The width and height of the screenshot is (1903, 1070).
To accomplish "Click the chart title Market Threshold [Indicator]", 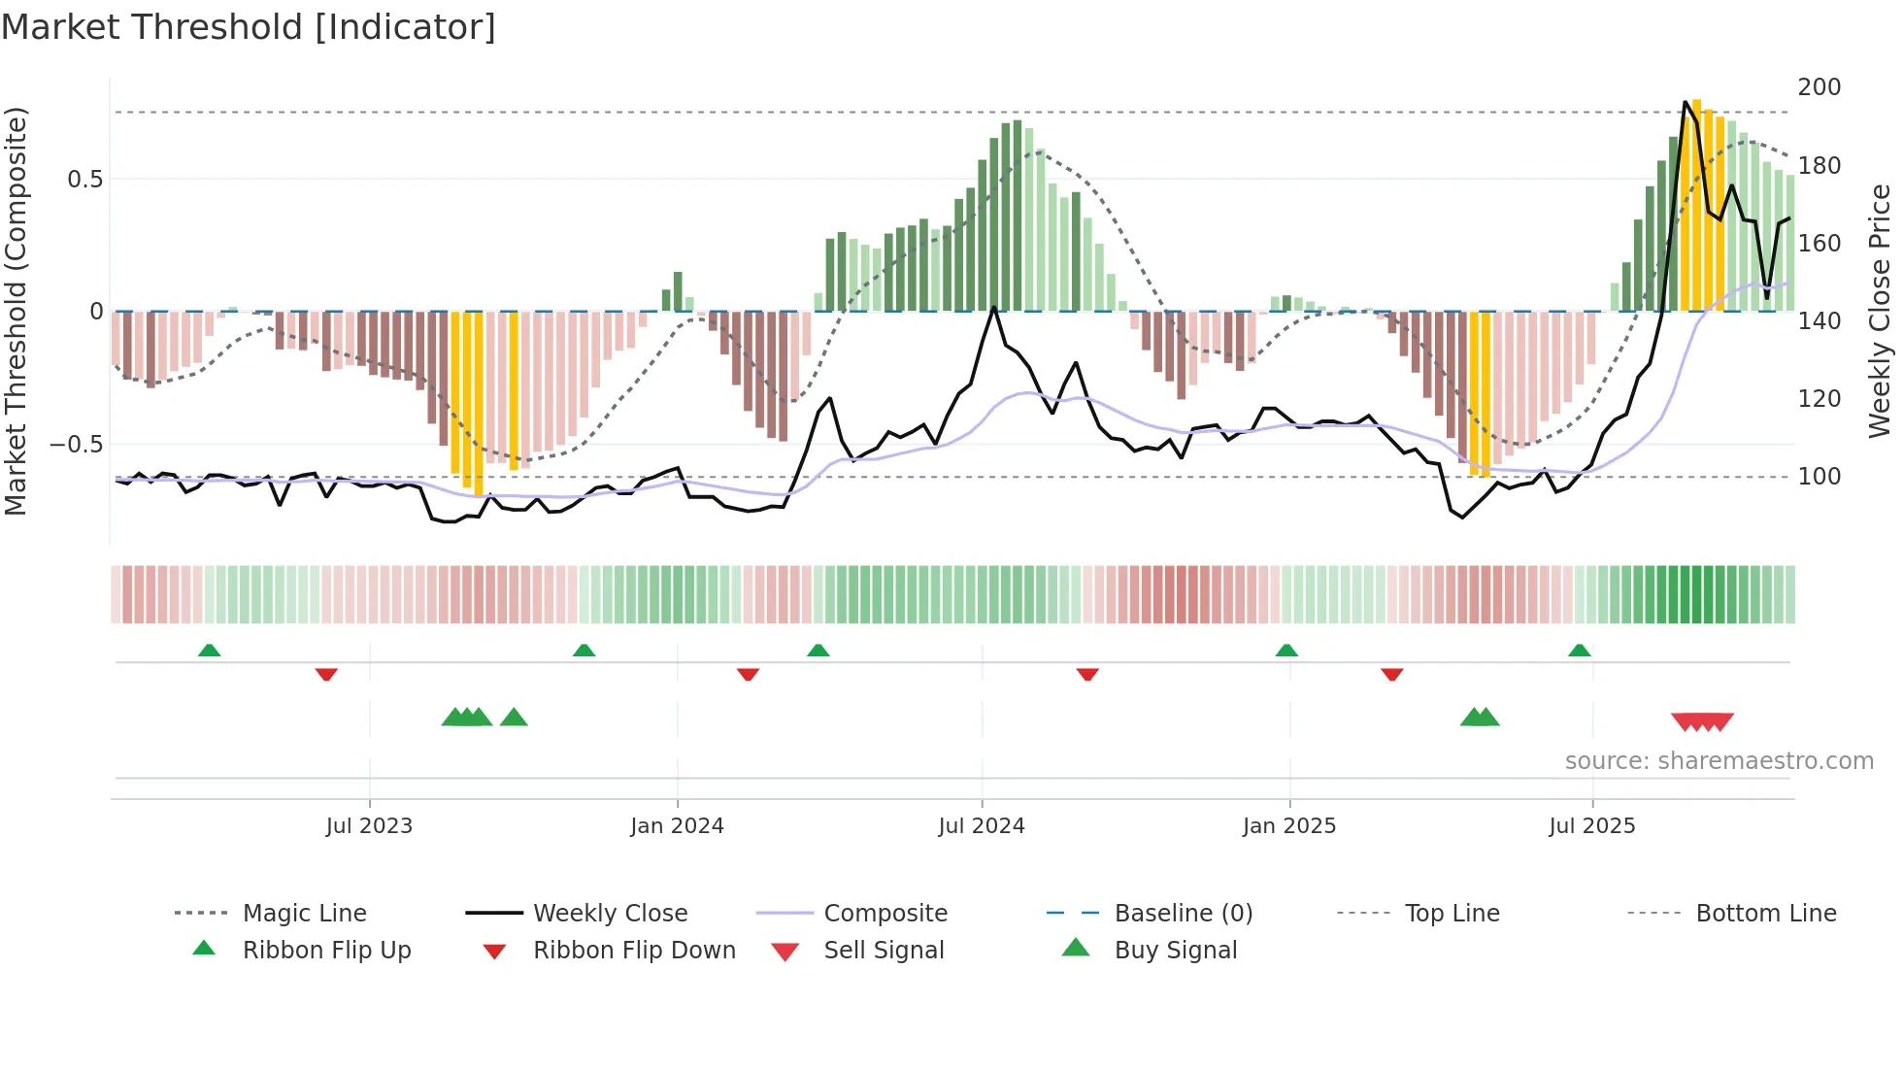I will point(249,27).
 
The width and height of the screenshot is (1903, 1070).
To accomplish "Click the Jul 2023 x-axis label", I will point(369,826).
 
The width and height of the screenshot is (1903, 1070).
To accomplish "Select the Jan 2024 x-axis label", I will point(677,826).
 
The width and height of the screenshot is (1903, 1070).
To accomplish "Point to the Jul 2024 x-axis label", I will point(982,826).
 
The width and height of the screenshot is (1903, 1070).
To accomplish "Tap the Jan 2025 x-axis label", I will point(1289,826).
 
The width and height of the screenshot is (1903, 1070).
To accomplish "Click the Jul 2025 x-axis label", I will point(1592,826).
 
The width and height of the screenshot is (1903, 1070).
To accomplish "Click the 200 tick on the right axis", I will point(1819,87).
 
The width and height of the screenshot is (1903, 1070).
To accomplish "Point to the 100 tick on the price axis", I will point(1819,477).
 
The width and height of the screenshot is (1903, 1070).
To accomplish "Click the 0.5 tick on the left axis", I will point(84,180).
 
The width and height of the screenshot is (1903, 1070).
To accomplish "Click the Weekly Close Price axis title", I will point(1880,311).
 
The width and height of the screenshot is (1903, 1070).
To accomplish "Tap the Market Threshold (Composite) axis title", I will point(16,311).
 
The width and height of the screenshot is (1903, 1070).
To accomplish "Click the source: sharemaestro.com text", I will point(1719,761).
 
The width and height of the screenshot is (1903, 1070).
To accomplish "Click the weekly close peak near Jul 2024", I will point(994,308).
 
